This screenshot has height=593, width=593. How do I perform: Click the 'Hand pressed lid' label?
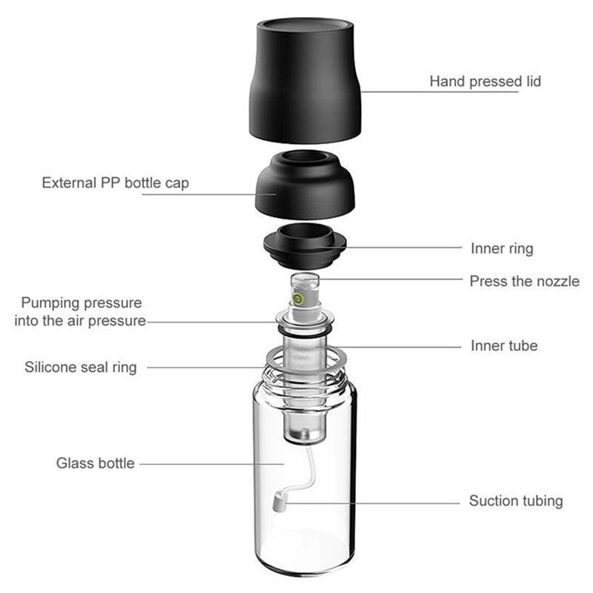pyautogui.click(x=486, y=82)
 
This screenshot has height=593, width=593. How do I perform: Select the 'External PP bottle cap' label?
pyautogui.click(x=116, y=183)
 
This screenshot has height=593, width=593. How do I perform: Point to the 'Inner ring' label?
pyautogui.click(x=502, y=248)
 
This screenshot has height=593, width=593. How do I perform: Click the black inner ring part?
pyautogui.click(x=305, y=246)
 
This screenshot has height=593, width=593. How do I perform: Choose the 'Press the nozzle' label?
pyautogui.click(x=525, y=281)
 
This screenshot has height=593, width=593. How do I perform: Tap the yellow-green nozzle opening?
pyautogui.click(x=298, y=299)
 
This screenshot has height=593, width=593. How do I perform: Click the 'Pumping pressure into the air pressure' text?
pyautogui.click(x=80, y=311)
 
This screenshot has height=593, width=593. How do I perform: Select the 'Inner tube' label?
pyautogui.click(x=504, y=345)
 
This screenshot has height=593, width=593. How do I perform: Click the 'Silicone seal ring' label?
pyautogui.click(x=81, y=367)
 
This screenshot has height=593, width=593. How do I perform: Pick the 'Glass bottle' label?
pyautogui.click(x=96, y=463)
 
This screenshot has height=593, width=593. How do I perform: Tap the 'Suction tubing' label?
pyautogui.click(x=516, y=501)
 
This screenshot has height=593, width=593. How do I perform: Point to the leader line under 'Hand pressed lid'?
pyautogui.click(x=440, y=91)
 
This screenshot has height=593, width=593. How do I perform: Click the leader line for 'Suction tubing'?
pyautogui.click(x=372, y=503)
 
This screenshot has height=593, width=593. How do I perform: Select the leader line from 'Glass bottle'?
pyautogui.click(x=212, y=464)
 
